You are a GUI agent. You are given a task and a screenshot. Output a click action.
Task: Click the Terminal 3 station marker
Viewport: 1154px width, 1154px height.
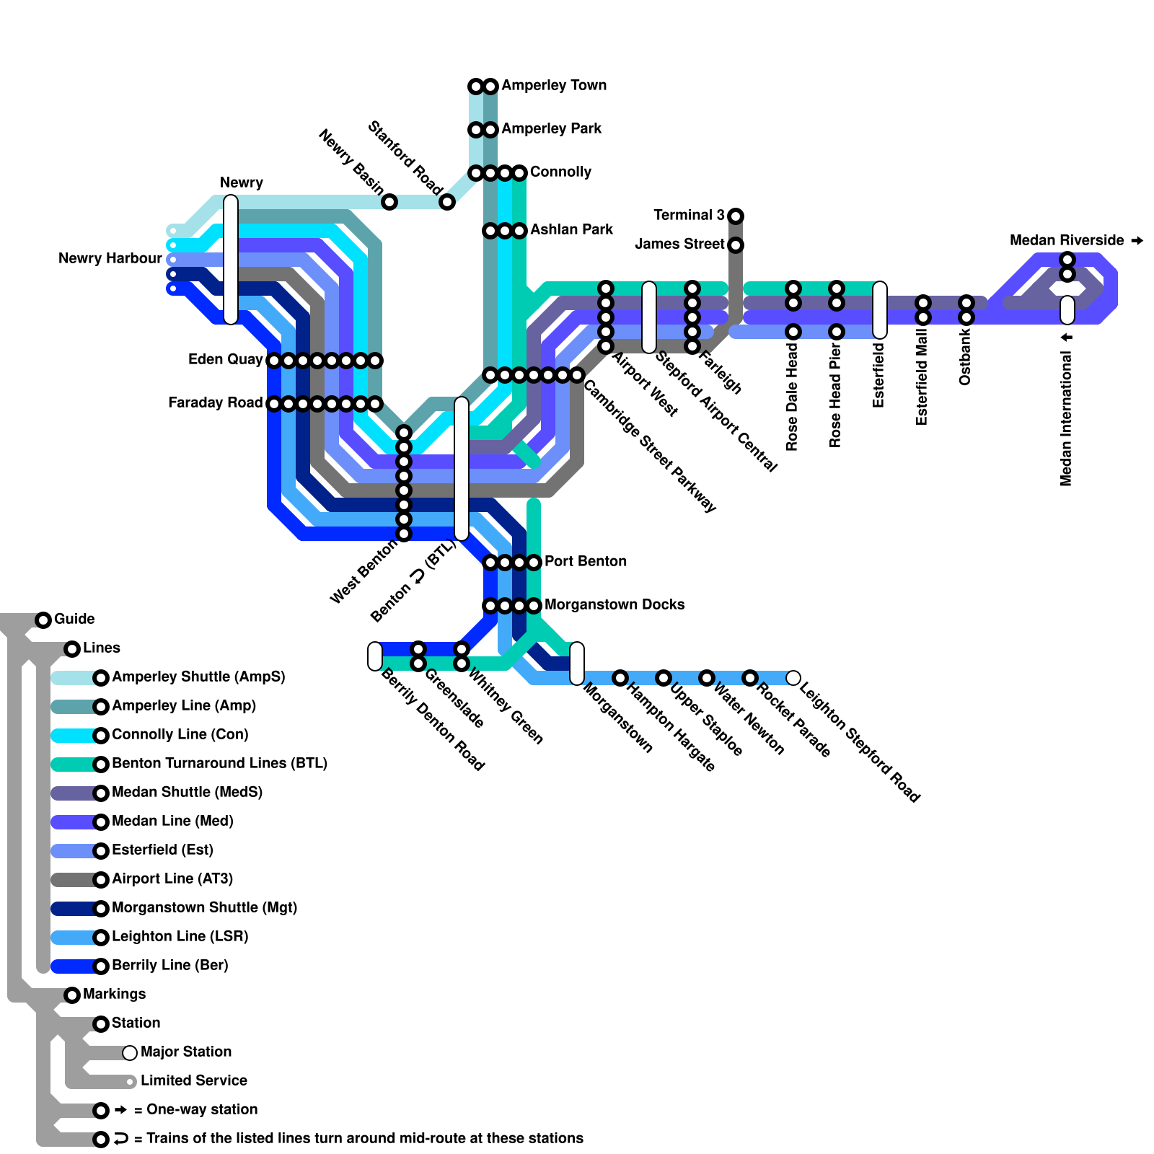point(735,216)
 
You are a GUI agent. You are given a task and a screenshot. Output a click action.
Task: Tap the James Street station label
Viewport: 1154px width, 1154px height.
point(679,245)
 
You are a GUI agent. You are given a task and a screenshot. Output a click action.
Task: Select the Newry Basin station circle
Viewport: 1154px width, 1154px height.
point(389,202)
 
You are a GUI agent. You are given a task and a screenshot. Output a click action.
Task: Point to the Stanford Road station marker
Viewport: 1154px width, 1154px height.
point(447,202)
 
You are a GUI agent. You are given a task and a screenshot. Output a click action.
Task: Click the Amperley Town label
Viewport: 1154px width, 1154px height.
point(553,86)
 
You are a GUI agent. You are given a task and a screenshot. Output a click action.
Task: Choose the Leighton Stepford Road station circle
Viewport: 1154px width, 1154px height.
point(793,678)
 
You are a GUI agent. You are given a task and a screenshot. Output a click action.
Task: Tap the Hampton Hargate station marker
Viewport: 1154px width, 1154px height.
point(620,678)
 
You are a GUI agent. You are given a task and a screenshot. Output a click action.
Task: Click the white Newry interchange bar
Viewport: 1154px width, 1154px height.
point(231,260)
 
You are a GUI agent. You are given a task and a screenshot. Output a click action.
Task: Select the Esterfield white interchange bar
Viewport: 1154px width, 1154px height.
point(880,310)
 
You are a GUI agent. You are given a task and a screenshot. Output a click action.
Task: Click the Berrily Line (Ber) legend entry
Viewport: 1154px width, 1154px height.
point(169,966)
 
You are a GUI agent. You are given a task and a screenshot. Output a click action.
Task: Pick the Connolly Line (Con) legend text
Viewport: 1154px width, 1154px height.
point(180,735)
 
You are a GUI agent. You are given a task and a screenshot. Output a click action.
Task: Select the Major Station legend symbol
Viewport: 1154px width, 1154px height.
point(130,1052)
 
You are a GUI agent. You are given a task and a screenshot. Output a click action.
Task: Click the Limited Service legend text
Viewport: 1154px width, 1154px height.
point(193,1081)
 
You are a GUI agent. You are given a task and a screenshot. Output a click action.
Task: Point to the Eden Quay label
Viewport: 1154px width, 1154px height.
point(225,360)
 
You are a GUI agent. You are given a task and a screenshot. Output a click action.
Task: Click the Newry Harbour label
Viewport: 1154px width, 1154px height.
point(110,259)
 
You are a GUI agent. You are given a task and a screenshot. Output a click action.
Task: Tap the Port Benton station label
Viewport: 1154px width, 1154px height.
point(585,562)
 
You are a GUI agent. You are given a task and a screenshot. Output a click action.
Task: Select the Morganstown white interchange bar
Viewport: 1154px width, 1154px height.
point(577,664)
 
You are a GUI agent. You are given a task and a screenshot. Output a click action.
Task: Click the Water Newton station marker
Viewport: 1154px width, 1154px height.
point(706,678)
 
